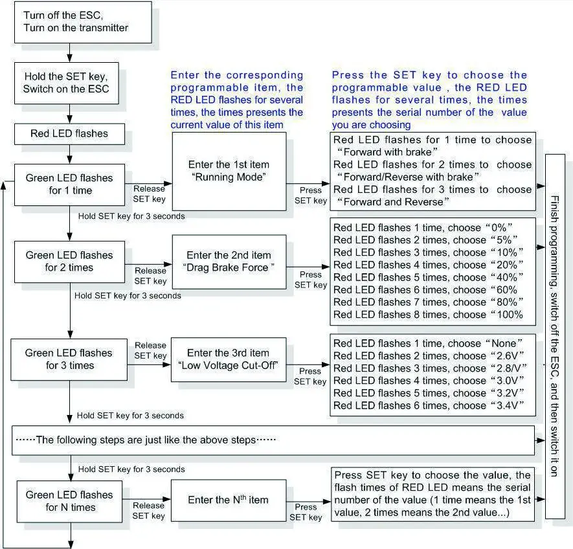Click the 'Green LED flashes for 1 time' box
(x=69, y=184)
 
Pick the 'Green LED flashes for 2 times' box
(x=69, y=261)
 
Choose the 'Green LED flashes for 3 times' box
(x=69, y=359)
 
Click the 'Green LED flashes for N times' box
(x=69, y=500)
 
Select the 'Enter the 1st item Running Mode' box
(x=229, y=171)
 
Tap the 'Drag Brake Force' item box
(x=229, y=262)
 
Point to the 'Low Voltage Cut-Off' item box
(x=228, y=359)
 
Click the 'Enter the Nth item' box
(x=228, y=500)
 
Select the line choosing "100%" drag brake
(x=427, y=315)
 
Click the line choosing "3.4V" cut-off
(x=427, y=406)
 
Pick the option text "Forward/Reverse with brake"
(x=409, y=177)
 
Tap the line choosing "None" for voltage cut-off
(x=427, y=342)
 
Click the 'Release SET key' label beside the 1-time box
(x=150, y=193)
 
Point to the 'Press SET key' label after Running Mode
(x=311, y=196)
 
